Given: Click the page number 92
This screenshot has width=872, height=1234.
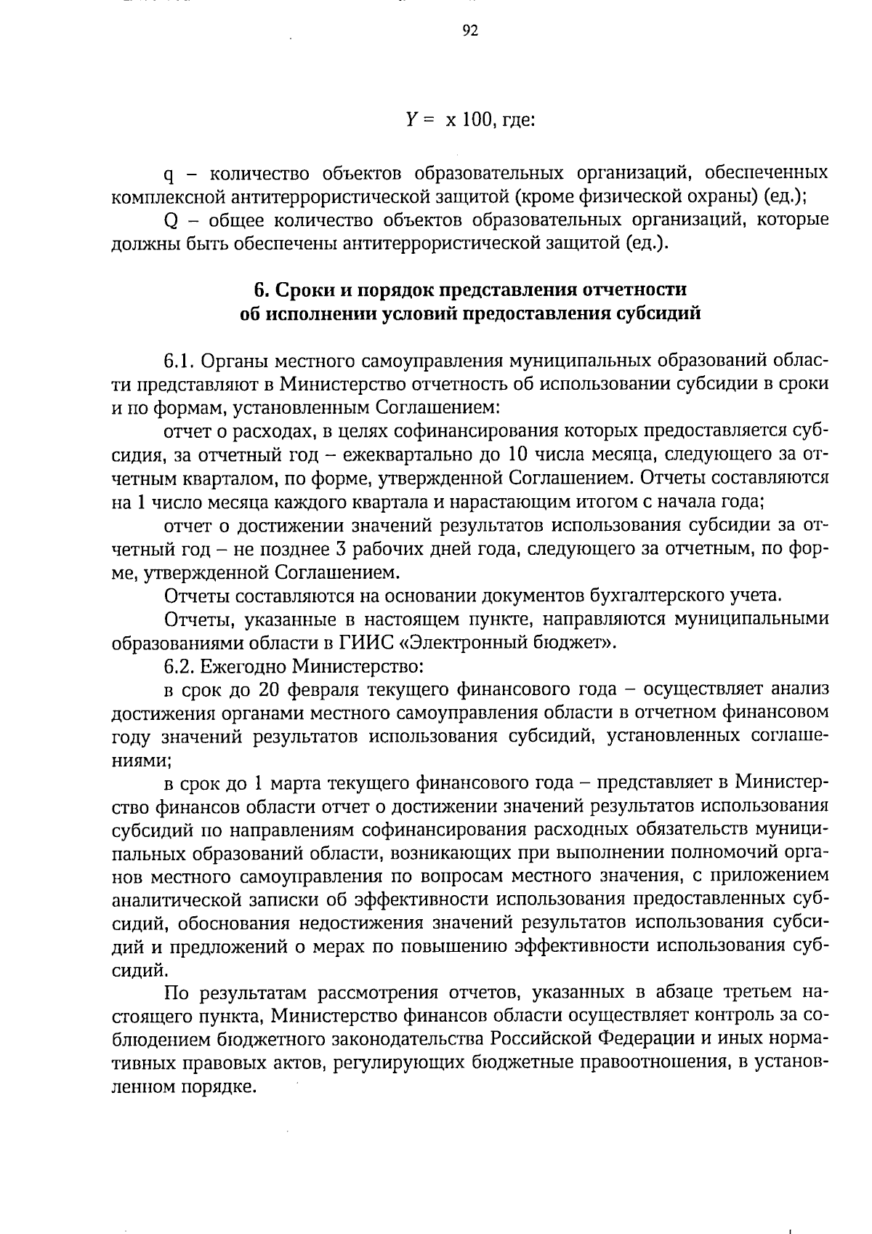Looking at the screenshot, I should point(470,31).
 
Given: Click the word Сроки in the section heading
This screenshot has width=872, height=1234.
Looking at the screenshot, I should point(302,289).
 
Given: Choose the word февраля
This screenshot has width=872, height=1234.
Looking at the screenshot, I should point(326,689).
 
